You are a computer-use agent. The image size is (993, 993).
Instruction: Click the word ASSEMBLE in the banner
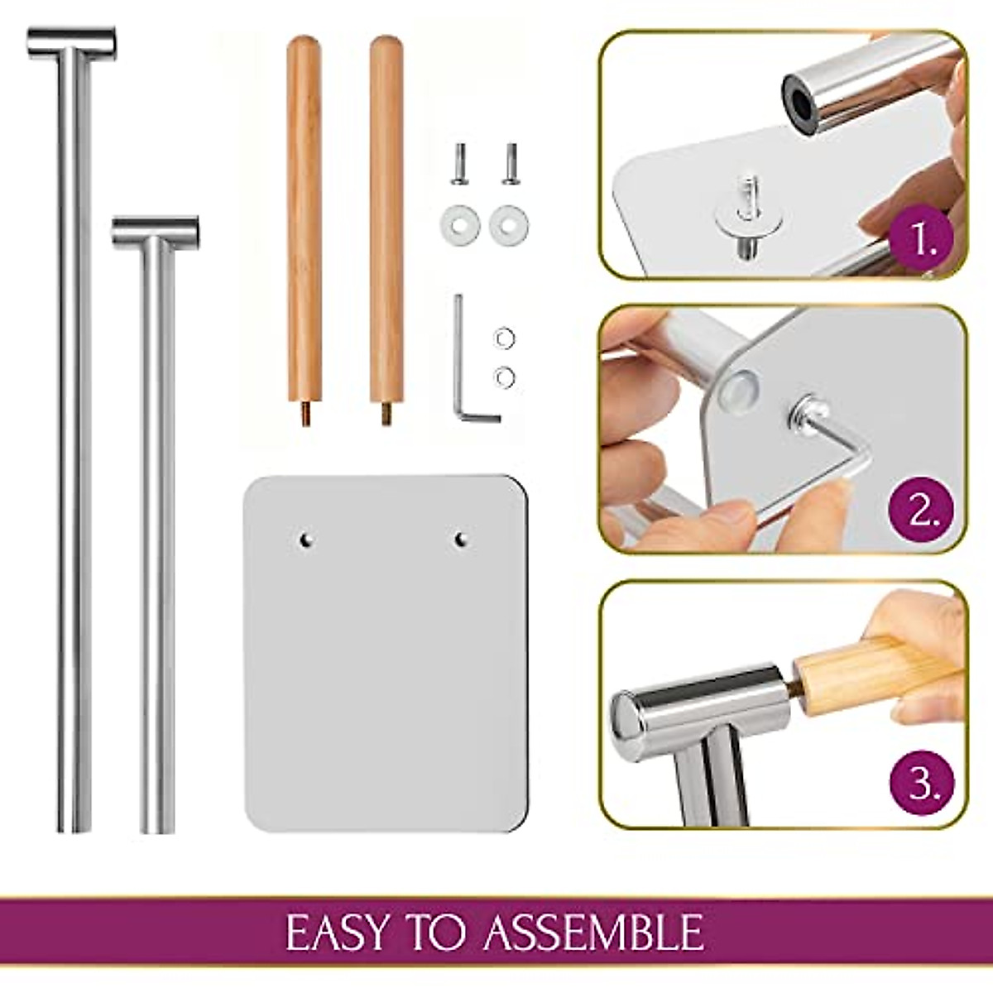pyautogui.click(x=593, y=933)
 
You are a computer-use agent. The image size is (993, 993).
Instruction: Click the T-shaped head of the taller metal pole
pyautogui.click(x=71, y=43)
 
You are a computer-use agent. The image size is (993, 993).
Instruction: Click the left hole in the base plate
pyautogui.click(x=305, y=540)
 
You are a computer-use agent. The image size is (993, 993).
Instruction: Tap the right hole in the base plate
pyautogui.click(x=462, y=540)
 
